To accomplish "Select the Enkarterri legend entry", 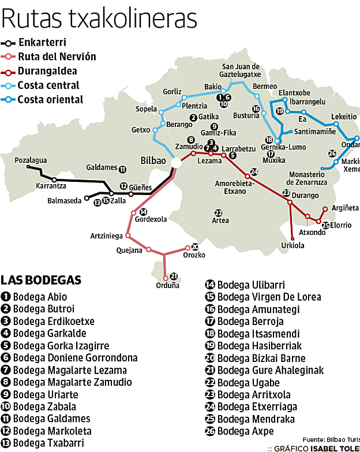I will (42, 43).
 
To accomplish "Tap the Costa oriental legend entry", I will (50, 100).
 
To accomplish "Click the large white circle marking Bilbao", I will (176, 164).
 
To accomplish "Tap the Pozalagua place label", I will (31, 160).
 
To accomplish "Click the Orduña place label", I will (168, 285).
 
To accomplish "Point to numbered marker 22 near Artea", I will (217, 212).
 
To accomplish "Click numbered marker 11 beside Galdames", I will (122, 169).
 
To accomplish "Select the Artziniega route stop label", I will (107, 236).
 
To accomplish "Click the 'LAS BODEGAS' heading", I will (41, 280).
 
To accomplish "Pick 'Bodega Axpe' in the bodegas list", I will (245, 431).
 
